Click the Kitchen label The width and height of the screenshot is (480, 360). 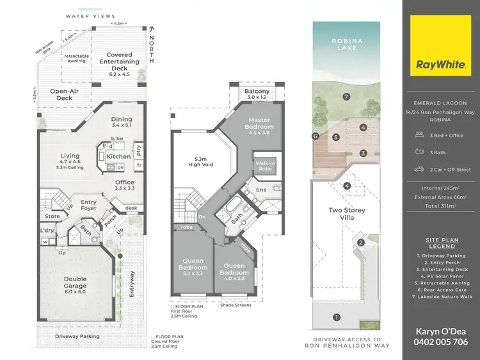pos(118,156)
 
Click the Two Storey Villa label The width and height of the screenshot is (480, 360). pos(346,213)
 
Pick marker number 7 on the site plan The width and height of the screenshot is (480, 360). pos(346,97)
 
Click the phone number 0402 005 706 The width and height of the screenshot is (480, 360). pos(442,342)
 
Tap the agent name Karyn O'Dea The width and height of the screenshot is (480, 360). pos(442,331)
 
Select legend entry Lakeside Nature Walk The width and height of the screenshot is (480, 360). pos(442,297)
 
